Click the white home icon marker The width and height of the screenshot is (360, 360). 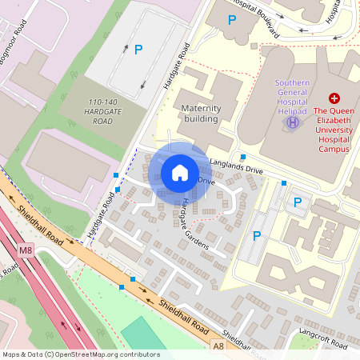tap(180, 172)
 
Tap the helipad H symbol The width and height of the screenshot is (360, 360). tap(293, 122)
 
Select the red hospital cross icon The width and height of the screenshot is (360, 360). tap(334, 97)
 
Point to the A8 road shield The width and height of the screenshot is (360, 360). tap(219, 346)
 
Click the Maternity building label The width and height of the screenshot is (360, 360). tap(200, 113)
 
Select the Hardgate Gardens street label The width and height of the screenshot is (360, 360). tap(194, 223)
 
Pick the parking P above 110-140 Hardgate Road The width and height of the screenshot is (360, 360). tap(138, 50)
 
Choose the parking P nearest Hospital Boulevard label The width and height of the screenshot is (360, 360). tap(232, 20)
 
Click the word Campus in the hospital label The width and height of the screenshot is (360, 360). tap(334, 148)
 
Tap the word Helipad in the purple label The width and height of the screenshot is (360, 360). tap(293, 112)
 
